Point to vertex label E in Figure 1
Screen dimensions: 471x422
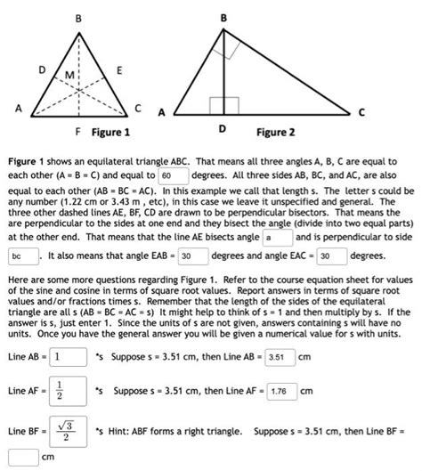[x=120, y=69]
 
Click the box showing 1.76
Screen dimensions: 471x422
[x=281, y=391]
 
